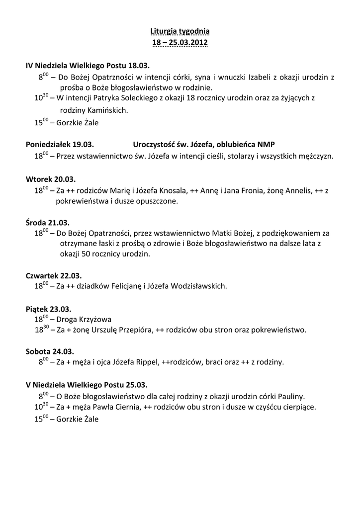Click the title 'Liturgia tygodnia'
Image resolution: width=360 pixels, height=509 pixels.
coord(180,32)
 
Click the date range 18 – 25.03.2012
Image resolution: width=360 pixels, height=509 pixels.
coord(180,43)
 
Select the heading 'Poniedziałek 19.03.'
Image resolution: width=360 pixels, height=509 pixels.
coord(59,145)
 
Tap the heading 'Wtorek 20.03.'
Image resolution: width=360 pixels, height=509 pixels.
coord(51,179)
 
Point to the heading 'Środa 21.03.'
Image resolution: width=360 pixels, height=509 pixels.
coord(48,222)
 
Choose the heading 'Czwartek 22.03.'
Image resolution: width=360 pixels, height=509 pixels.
coord(54,275)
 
